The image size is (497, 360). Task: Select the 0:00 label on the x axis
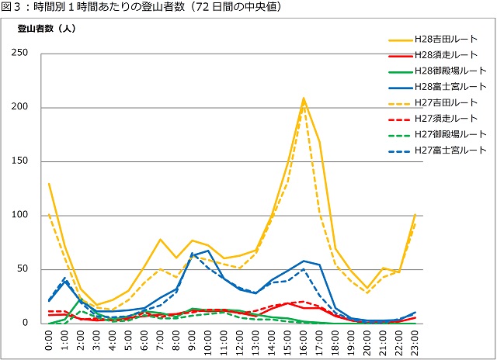pos(50,341)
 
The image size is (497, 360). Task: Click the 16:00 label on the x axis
pos(304,341)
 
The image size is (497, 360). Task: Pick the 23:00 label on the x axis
pos(415,341)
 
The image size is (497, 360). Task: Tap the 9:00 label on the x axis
pos(193,341)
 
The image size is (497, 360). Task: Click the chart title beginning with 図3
pos(140,7)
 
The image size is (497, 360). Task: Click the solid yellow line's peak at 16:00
pos(304,99)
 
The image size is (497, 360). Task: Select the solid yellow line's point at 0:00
pos(50,184)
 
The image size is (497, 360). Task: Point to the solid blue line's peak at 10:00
pos(208,250)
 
